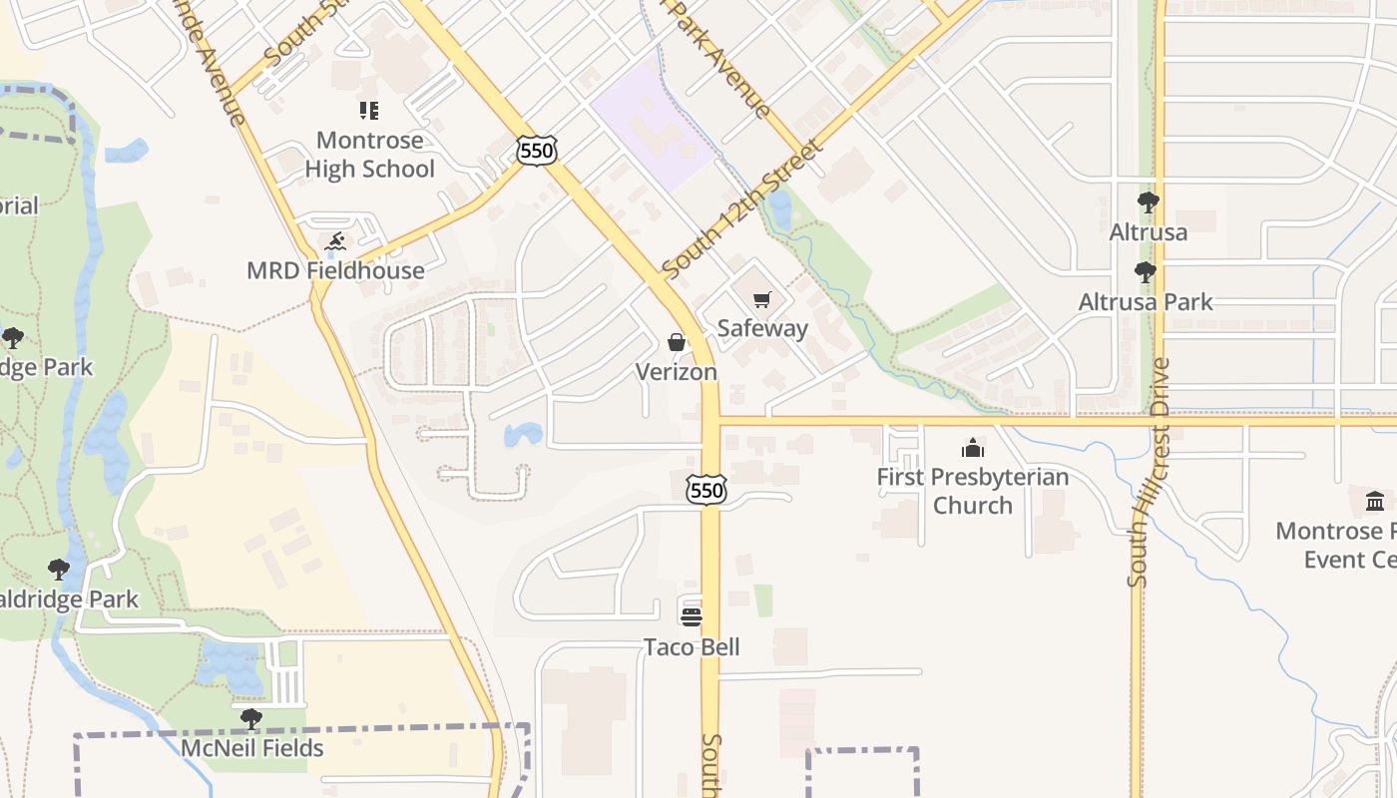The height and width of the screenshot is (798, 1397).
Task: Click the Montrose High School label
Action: click(369, 155)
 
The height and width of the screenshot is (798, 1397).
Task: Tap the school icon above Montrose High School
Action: click(369, 110)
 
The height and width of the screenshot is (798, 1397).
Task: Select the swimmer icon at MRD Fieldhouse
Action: click(336, 241)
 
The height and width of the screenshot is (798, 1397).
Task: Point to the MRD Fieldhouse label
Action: click(336, 270)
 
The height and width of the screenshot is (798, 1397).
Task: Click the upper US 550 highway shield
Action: click(537, 151)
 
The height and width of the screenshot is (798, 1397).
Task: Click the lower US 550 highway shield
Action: click(706, 490)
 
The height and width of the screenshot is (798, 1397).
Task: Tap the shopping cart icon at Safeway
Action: click(762, 299)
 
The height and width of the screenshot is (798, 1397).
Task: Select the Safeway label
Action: click(762, 328)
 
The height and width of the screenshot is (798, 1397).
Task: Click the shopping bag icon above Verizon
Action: click(677, 343)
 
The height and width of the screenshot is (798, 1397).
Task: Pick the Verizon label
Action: click(677, 372)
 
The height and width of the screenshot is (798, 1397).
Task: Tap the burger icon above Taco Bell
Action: click(692, 616)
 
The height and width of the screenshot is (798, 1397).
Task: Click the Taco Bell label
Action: click(692, 647)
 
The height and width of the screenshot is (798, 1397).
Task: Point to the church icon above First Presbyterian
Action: click(973, 448)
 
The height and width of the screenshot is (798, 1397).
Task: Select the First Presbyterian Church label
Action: click(973, 491)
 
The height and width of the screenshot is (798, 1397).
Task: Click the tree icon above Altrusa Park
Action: click(1146, 271)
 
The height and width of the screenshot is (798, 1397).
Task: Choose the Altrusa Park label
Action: click(1146, 301)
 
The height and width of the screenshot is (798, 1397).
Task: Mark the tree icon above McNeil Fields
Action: click(251, 718)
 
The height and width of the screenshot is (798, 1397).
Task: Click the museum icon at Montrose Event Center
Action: click(1375, 501)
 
